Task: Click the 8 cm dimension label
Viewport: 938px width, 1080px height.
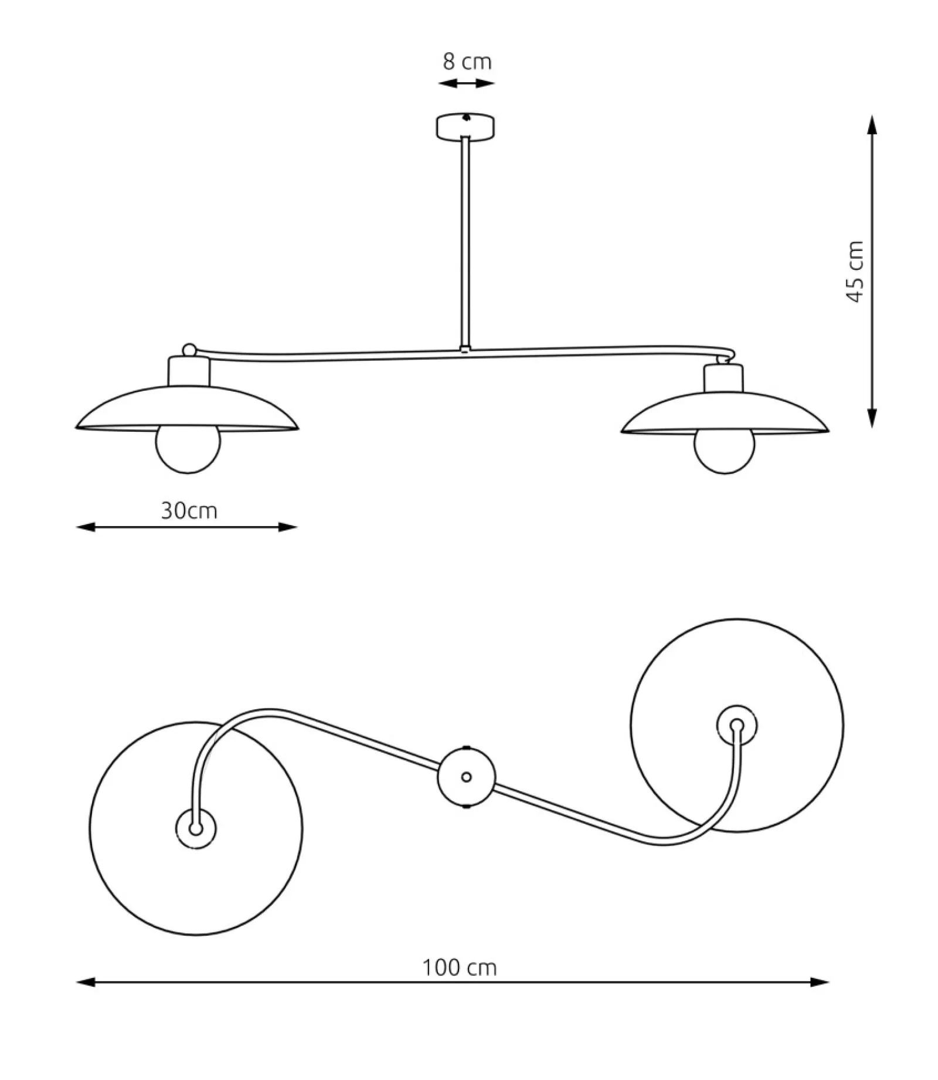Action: pyautogui.click(x=467, y=62)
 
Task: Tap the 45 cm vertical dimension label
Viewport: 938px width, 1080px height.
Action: pyautogui.click(x=856, y=272)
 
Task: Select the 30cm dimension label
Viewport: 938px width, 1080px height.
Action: pyautogui.click(x=189, y=510)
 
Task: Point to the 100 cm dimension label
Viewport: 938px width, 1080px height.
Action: pyautogui.click(x=460, y=967)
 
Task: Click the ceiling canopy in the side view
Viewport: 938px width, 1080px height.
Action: pyautogui.click(x=465, y=127)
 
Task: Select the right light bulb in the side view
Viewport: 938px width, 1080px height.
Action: pyautogui.click(x=725, y=452)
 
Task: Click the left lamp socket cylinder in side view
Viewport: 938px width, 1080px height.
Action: pyautogui.click(x=189, y=371)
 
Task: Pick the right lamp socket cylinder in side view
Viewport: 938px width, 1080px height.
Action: pyautogui.click(x=724, y=378)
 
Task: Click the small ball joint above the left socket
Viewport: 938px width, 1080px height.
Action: pyautogui.click(x=189, y=350)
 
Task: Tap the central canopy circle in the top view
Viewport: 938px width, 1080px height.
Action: pyautogui.click(x=466, y=777)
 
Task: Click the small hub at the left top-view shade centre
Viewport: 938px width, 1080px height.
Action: pyautogui.click(x=196, y=828)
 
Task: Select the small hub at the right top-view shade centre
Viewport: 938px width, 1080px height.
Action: pyautogui.click(x=738, y=725)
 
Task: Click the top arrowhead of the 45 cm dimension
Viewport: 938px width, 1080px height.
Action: pyautogui.click(x=872, y=124)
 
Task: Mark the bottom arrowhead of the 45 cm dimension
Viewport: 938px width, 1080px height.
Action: pyautogui.click(x=872, y=417)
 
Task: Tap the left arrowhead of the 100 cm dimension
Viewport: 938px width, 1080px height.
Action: pyautogui.click(x=86, y=982)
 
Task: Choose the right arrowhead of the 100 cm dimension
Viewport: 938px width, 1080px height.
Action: pyautogui.click(x=819, y=982)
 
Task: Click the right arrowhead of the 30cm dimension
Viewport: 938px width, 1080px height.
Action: pyautogui.click(x=288, y=527)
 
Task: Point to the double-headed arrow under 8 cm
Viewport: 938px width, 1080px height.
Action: pyautogui.click(x=467, y=84)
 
